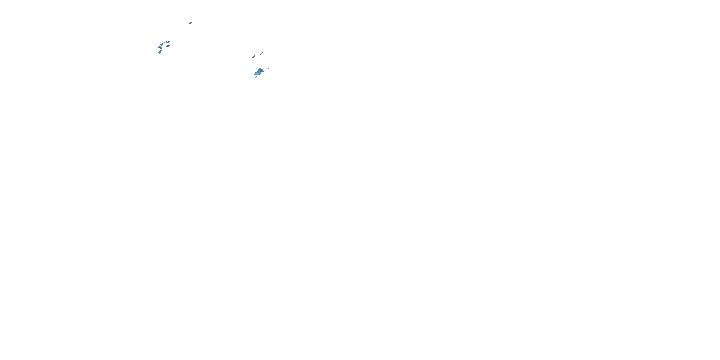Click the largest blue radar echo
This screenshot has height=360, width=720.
coord(259,72)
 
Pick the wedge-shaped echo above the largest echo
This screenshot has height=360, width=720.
coord(254,56)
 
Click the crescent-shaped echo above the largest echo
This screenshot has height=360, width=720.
coord(262,53)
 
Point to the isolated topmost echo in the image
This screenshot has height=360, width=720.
coord(190,23)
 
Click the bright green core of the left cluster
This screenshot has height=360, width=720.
coord(159,52)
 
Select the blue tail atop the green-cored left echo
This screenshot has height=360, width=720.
coord(160,51)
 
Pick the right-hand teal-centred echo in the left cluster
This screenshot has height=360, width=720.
coord(168,46)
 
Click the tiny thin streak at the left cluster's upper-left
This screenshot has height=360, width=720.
coord(160,42)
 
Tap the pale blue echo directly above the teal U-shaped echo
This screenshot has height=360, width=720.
coord(162,44)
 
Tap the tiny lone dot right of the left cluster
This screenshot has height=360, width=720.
coord(173,39)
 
